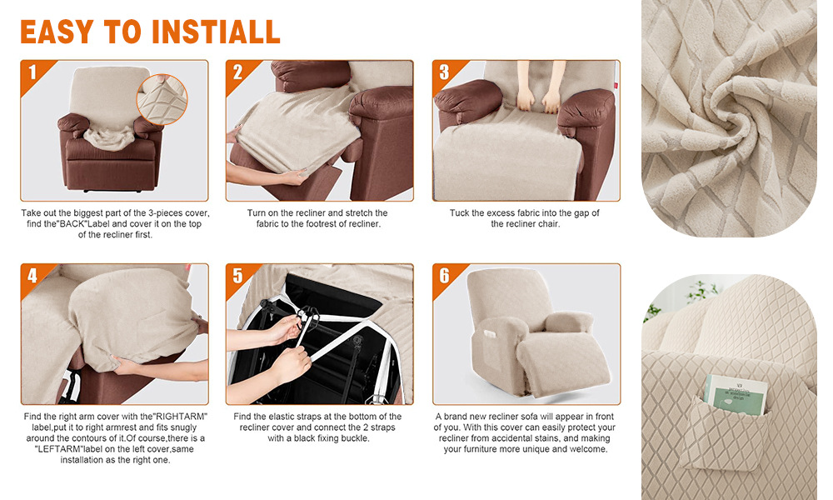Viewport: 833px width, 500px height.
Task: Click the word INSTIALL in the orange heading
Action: coord(217,32)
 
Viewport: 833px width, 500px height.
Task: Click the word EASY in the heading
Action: coord(57,32)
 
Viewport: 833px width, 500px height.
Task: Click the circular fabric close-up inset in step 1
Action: coord(162,99)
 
